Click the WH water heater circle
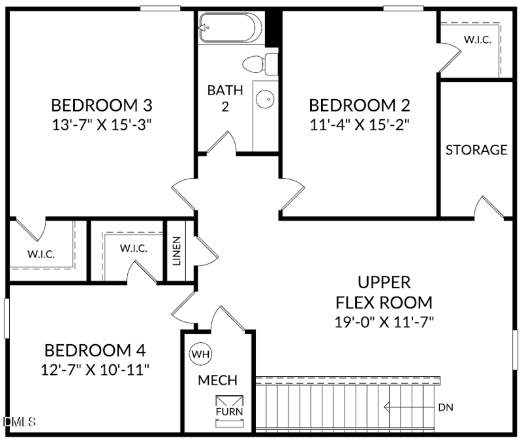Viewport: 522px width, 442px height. tap(200, 353)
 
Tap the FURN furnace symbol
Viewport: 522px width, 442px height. tap(230, 411)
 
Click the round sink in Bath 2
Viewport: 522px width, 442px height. tap(265, 99)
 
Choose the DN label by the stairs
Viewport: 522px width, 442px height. tap(446, 407)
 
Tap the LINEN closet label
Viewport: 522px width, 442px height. tap(176, 251)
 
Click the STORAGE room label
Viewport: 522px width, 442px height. tap(476, 150)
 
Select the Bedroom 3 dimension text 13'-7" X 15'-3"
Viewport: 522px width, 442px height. tap(102, 125)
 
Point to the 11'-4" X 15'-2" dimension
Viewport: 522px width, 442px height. tap(360, 125)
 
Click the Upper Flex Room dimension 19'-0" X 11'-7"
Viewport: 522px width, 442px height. tap(384, 322)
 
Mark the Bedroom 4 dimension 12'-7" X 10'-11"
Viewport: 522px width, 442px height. tap(95, 370)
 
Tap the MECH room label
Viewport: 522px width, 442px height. tap(218, 380)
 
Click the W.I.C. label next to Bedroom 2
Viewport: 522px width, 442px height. tap(478, 40)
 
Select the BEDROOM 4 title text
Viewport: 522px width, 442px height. tap(95, 350)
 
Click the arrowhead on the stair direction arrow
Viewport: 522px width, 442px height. tap(386, 407)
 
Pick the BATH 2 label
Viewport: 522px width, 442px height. tap(225, 98)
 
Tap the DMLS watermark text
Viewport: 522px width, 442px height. tap(20, 422)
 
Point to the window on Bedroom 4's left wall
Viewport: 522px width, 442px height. tap(7, 318)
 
